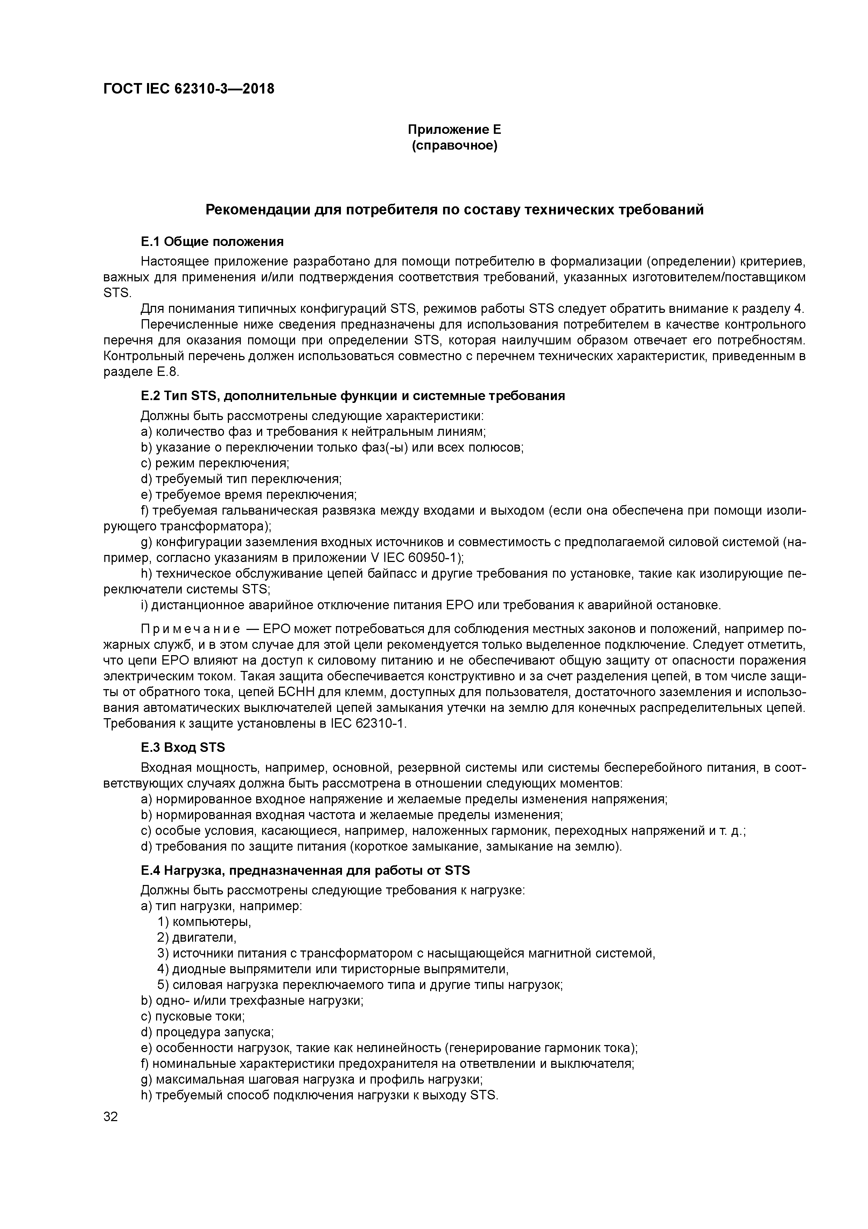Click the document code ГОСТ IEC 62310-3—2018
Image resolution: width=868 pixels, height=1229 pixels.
coord(188,89)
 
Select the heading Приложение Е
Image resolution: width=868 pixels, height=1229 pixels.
coord(454,130)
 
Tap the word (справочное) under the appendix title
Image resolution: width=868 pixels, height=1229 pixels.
coord(454,146)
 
